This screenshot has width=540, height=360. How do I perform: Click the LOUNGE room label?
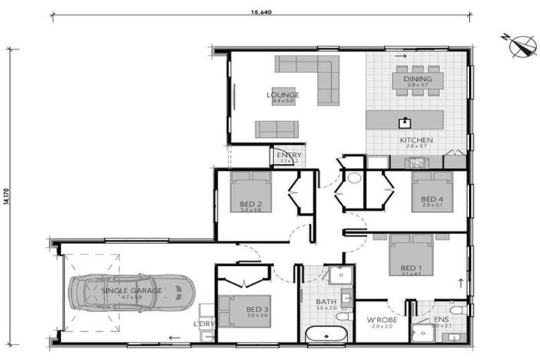coord(283,95)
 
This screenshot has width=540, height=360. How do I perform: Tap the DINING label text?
coord(418,79)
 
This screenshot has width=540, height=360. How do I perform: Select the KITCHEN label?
coord(416,141)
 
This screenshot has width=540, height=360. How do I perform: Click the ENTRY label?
coord(289,155)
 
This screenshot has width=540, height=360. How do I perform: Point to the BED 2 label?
coord(250,205)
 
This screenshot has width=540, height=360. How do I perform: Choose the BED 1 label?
coord(411,269)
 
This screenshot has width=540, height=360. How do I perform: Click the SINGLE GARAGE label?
coord(132,290)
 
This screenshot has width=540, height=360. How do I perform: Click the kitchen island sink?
coord(405,122)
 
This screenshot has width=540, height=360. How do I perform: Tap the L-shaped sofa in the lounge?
coord(309,70)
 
